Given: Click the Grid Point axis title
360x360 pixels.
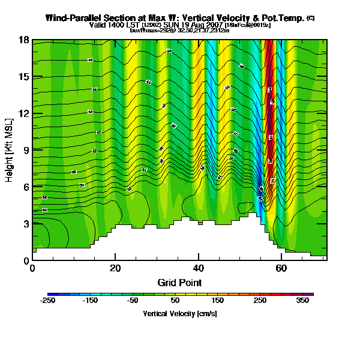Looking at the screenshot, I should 179,282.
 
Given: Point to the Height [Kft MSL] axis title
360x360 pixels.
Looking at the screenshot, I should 10,150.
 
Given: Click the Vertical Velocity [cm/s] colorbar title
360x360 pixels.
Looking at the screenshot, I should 179,313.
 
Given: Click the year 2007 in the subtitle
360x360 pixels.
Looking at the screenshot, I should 214,25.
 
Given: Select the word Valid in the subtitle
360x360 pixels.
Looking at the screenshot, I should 98,25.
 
